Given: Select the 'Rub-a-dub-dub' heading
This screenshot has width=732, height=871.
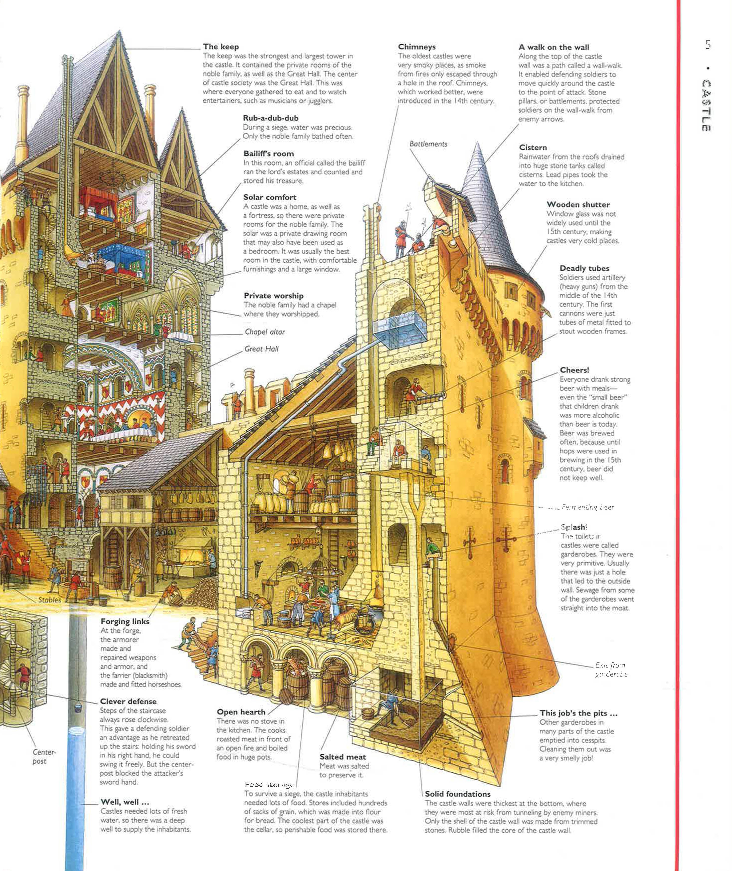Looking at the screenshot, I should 271,118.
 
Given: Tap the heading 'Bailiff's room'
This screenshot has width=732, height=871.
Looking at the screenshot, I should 268,154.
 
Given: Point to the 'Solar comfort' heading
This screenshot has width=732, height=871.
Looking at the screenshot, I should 270,197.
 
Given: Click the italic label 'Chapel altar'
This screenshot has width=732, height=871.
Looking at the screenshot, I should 265,332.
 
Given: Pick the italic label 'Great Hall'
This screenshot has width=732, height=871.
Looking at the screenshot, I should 261,349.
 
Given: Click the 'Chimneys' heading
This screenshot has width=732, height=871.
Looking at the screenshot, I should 417,47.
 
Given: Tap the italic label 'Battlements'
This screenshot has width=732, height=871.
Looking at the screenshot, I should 428,144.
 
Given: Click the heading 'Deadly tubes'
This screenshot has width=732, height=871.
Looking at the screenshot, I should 584,268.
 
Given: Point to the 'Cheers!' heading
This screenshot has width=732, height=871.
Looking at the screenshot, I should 574,370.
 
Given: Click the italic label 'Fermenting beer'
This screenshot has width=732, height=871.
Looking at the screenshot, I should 588,507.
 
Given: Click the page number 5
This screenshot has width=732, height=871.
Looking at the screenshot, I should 708,45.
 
